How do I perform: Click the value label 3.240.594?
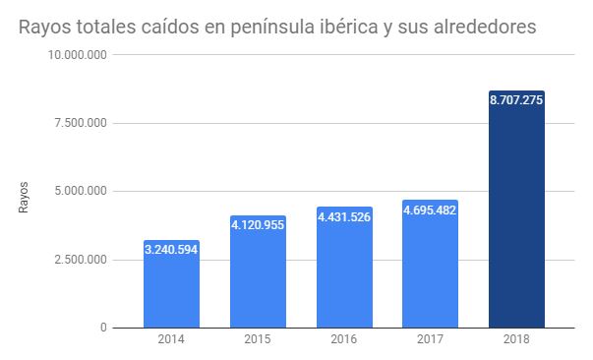coord(172,250)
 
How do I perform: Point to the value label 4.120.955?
coord(258,225)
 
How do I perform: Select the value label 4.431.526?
coord(344,216)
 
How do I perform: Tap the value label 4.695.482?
coord(430,210)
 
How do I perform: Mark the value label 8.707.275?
coord(516,99)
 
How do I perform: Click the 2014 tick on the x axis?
coord(172,340)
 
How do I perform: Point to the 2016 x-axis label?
coord(344,340)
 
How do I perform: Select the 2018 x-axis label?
coord(516,340)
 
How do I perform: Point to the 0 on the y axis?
coord(103,328)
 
